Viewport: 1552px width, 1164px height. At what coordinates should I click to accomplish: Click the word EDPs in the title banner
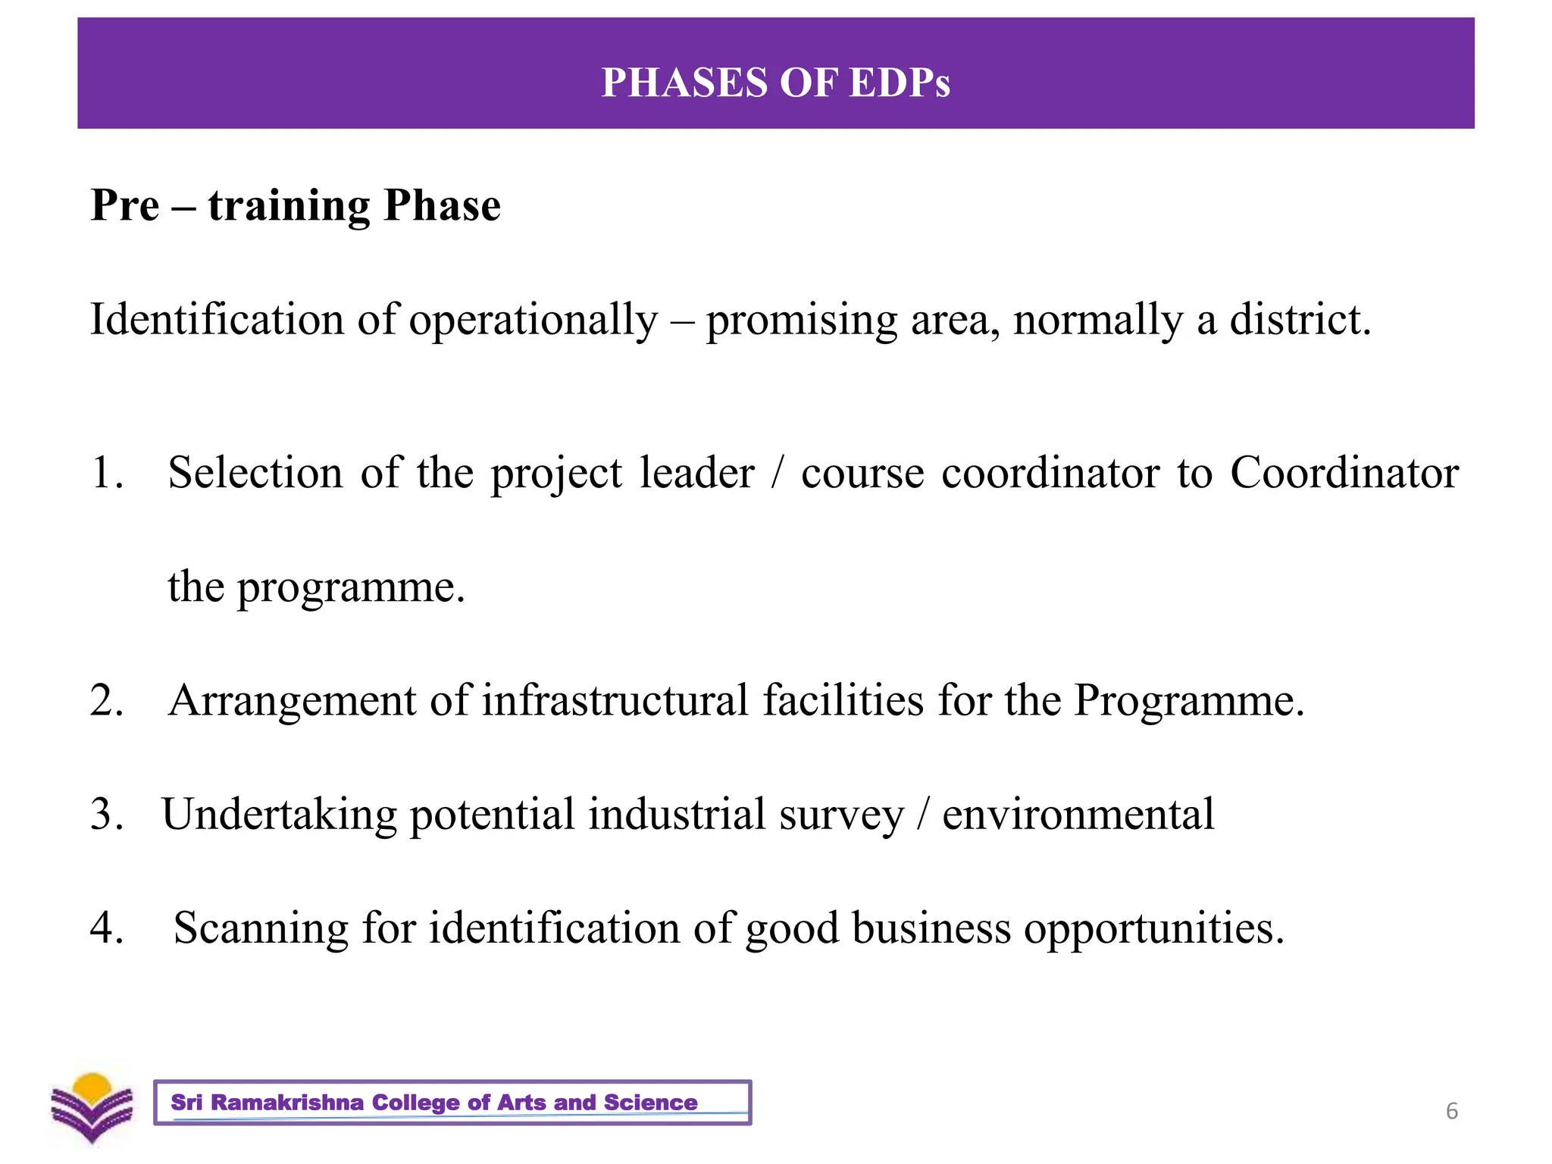(900, 83)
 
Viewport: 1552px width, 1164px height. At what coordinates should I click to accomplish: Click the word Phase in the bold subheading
(442, 205)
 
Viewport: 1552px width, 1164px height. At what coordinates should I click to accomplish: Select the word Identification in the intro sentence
(216, 320)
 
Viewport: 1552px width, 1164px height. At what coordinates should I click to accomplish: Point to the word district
(1300, 320)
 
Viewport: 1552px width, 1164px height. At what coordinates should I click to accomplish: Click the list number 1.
(105, 474)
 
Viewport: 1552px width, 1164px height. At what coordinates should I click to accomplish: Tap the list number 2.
(106, 700)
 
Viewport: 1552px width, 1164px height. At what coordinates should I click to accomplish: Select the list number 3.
(106, 815)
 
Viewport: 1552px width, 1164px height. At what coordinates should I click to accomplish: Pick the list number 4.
(106, 928)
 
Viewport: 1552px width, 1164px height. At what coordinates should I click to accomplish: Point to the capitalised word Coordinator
(1344, 474)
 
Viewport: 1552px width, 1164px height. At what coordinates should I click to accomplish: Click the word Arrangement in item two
(292, 701)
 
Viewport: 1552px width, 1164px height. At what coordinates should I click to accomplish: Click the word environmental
(1078, 815)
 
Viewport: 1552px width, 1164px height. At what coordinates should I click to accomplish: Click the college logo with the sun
(92, 1106)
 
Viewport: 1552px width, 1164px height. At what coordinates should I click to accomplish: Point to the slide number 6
(1452, 1111)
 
